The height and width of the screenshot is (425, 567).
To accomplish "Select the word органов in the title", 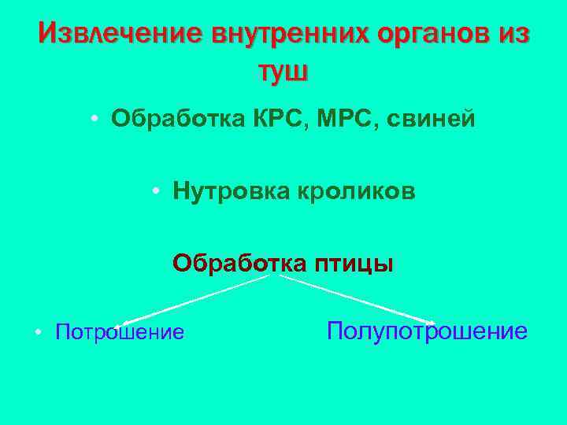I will coord(435,34).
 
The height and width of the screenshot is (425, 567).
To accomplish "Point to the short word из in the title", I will coord(514,34).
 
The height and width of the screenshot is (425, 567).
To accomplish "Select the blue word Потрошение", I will coord(120,332).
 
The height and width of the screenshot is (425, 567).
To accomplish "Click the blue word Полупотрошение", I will coord(427,331).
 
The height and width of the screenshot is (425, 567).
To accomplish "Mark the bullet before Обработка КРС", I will coord(94,120).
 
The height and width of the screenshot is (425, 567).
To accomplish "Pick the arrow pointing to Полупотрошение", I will coord(354,300).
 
